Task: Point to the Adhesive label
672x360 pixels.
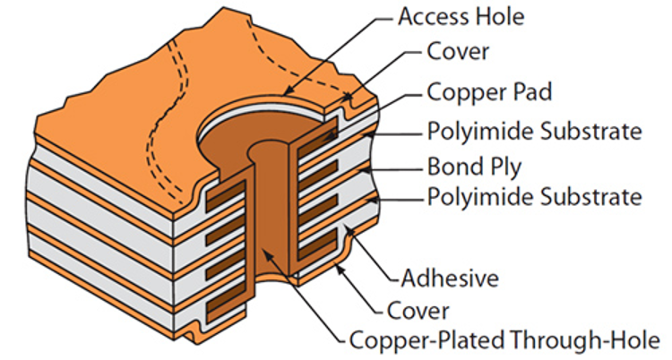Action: [x=451, y=279]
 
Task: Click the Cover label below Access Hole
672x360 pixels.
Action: [x=457, y=51]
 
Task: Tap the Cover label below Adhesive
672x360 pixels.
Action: [x=419, y=310]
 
